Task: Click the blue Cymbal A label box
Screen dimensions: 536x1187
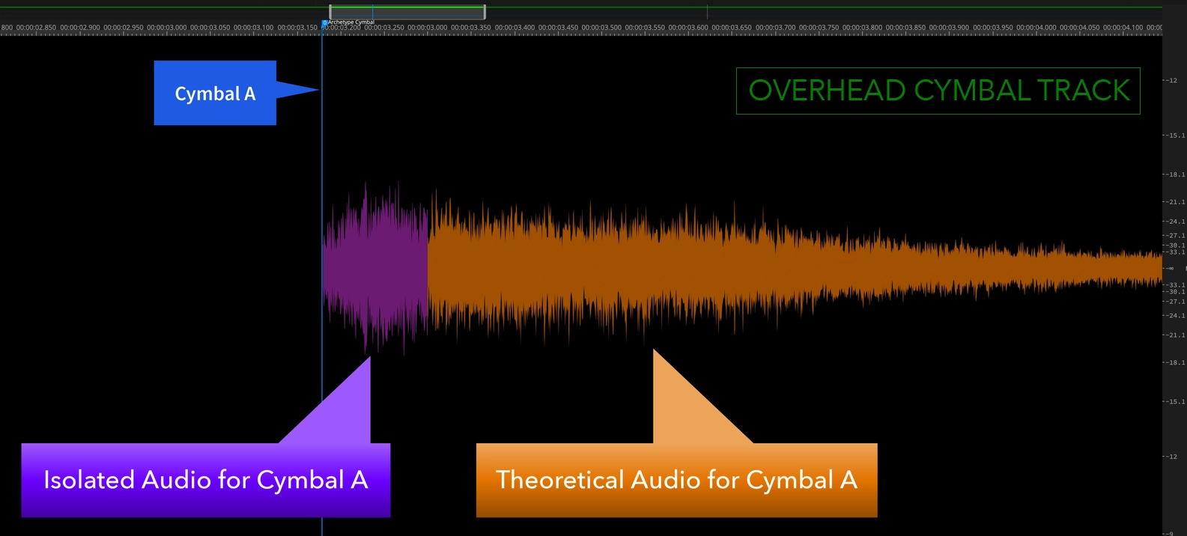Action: point(215,93)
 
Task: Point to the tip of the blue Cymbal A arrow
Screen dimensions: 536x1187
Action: point(318,90)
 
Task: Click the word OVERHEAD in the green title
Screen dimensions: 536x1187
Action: point(828,91)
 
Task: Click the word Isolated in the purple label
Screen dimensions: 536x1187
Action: point(89,480)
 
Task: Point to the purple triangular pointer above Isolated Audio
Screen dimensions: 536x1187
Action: point(344,408)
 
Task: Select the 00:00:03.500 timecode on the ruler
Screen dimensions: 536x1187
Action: point(602,28)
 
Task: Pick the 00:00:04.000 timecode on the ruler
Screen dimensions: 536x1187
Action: point(1036,28)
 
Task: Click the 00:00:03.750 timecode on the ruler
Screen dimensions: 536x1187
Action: point(819,28)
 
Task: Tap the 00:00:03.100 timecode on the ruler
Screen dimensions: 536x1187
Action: point(254,28)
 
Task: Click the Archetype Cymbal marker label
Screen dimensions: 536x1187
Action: point(350,22)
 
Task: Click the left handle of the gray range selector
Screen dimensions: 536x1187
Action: point(330,11)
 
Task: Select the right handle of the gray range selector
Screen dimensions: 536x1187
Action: point(485,11)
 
